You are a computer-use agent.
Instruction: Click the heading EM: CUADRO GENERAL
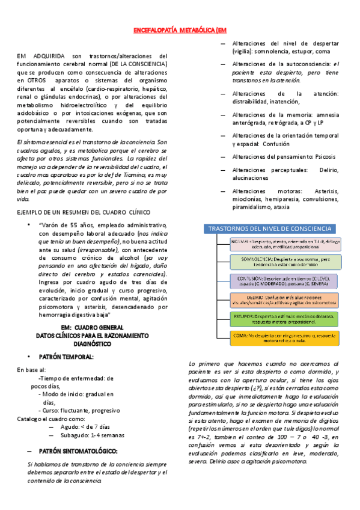(85, 327)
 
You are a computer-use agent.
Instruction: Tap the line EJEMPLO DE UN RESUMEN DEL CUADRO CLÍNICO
(84, 212)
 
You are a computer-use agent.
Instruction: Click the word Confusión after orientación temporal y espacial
(278, 144)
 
